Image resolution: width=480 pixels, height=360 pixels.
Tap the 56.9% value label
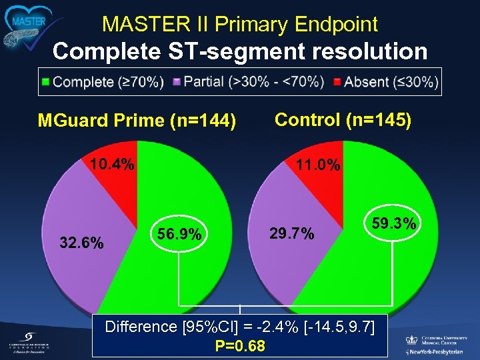point(179,235)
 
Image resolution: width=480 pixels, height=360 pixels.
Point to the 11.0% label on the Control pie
point(318,165)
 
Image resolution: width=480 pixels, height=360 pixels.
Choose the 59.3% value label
point(394,224)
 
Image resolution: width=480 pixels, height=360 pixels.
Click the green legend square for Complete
point(46,82)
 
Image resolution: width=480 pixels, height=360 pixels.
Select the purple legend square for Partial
point(177,82)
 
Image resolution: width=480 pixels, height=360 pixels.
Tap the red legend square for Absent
point(337,82)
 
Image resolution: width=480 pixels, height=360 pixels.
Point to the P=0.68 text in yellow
point(240,346)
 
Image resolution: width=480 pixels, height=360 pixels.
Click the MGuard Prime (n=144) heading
point(137,121)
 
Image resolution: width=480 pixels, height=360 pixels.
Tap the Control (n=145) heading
point(343,119)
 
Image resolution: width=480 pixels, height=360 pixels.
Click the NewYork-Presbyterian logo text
point(440,351)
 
